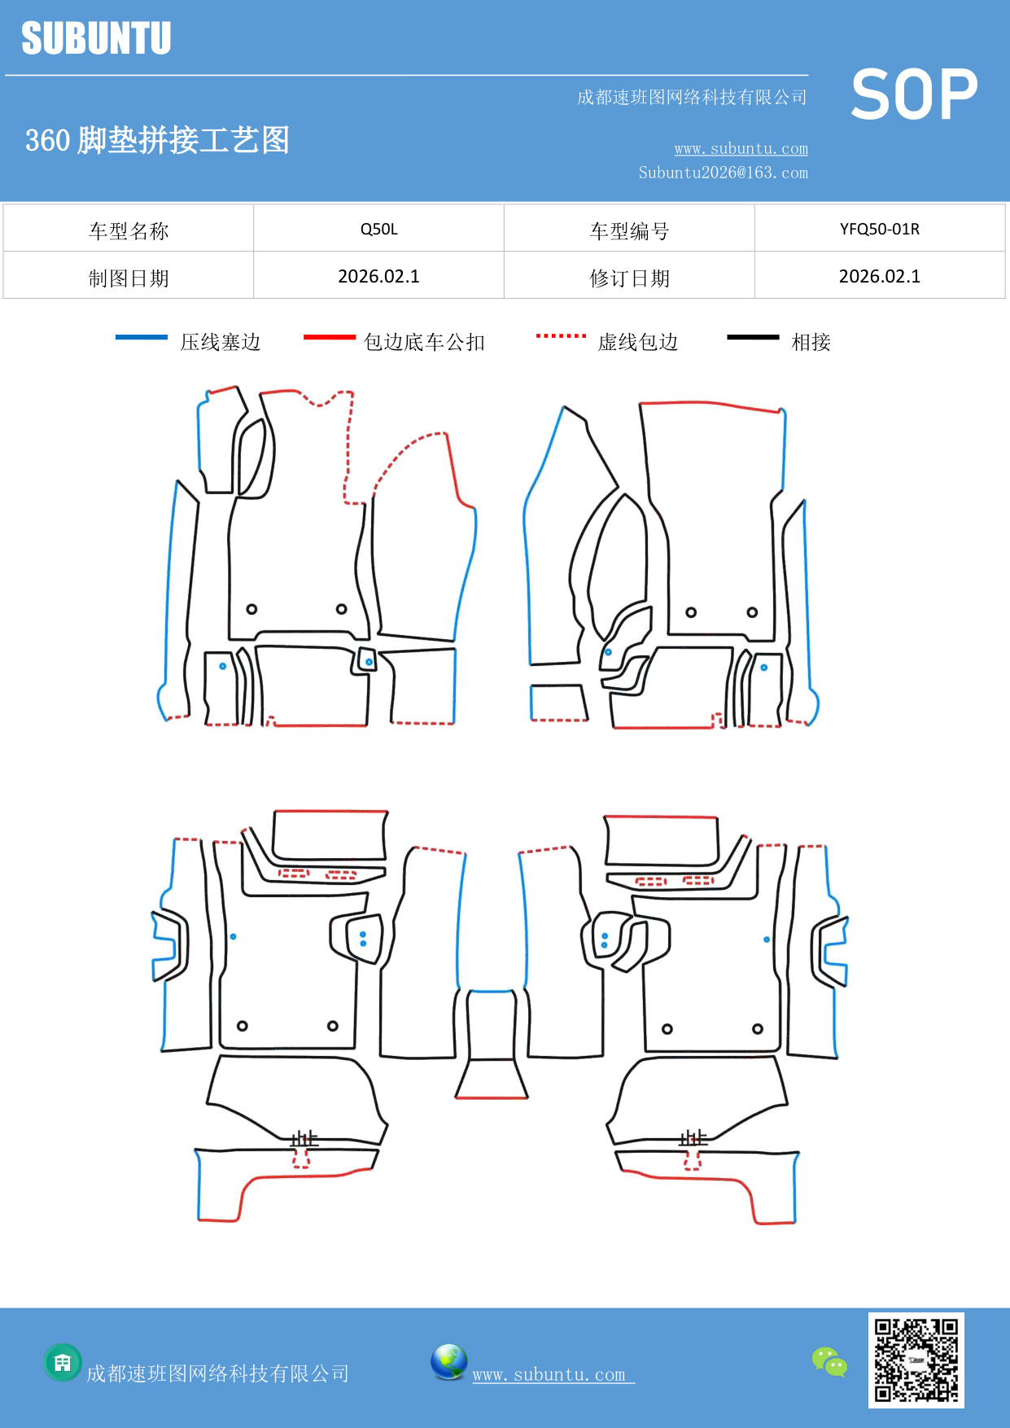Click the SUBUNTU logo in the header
point(96,38)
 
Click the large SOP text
point(914,94)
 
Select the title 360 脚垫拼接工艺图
point(157,140)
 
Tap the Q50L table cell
point(379,229)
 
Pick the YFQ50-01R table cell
point(880,229)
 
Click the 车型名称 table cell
point(129,231)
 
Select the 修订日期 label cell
point(629,278)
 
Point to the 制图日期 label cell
point(129,278)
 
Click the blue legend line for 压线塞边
point(142,337)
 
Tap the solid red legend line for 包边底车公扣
point(330,337)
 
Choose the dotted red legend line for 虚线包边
point(561,335)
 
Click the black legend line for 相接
point(753,337)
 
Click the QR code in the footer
point(916,1360)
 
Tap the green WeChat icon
point(829,1362)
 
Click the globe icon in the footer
point(448,1362)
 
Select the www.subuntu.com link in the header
point(741,149)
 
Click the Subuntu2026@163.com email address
point(723,173)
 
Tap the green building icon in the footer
point(63,1362)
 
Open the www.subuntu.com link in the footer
point(549,1375)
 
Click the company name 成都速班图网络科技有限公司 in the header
point(692,98)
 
